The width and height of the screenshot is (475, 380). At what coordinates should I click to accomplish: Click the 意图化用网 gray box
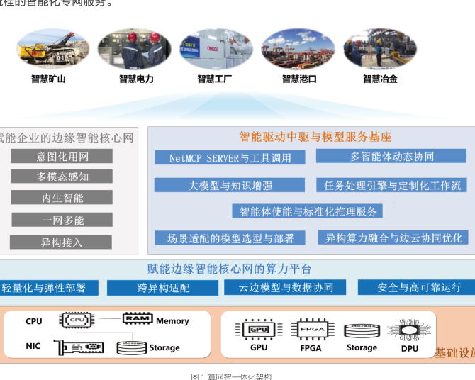pos(62,156)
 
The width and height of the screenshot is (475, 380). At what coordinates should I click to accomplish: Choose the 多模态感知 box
pos(62,177)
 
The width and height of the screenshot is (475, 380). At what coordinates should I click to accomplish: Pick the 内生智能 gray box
pos(62,198)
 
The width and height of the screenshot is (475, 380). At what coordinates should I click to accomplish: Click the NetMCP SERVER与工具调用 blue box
pos(230,157)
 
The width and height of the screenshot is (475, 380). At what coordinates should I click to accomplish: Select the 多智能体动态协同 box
pos(391,156)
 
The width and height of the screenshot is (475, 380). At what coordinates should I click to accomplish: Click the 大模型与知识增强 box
pos(230,185)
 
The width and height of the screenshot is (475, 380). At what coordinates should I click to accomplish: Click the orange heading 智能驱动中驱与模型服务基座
pos(315,137)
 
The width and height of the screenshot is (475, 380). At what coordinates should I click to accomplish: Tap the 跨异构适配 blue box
pos(163,288)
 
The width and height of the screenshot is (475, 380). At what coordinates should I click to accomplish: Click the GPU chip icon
pos(258,329)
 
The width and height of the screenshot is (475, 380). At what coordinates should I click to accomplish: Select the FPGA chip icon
pos(311,329)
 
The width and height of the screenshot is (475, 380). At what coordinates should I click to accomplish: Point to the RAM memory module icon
pos(138,319)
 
